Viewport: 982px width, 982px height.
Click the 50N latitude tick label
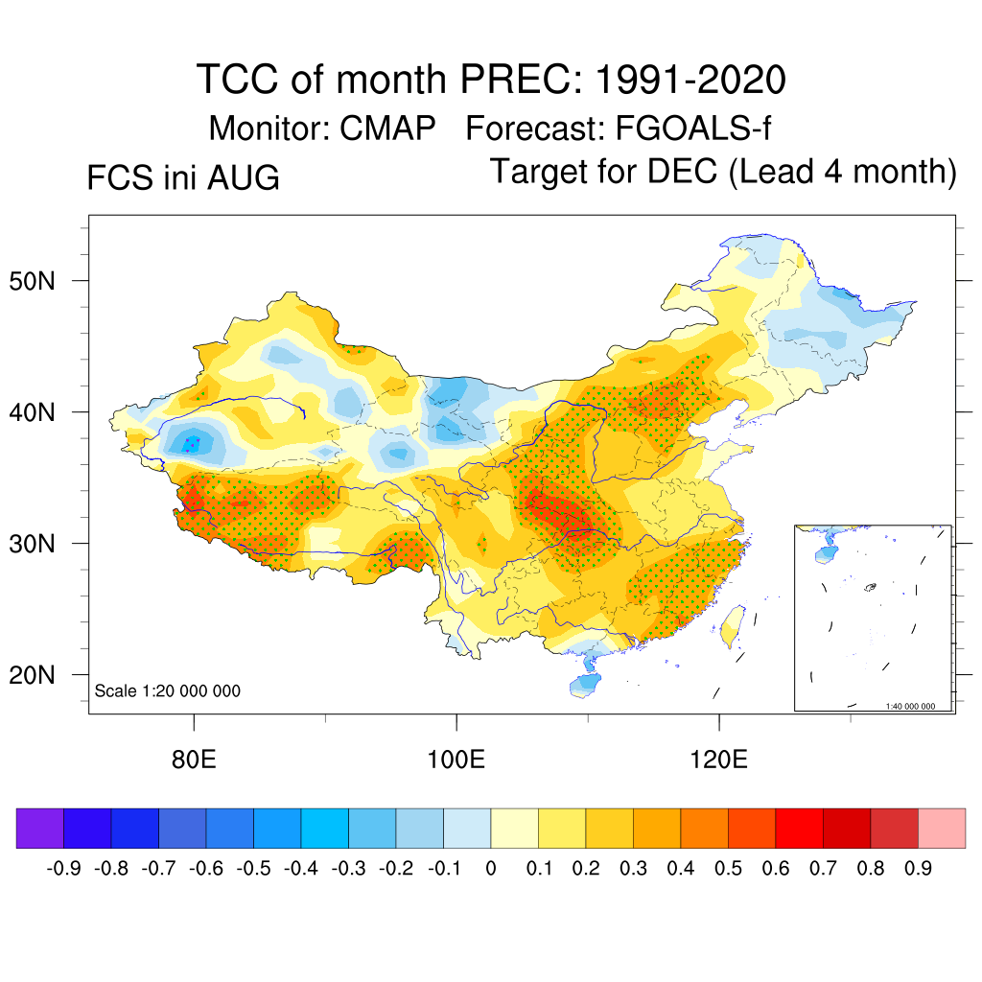click(33, 281)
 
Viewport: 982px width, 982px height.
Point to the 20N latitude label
click(33, 675)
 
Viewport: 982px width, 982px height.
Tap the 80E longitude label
click(194, 760)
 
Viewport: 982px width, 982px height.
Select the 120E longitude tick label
click(719, 760)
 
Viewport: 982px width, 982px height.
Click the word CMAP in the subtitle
click(387, 129)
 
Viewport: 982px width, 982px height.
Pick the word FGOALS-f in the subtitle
click(693, 129)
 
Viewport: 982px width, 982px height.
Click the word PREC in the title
click(516, 80)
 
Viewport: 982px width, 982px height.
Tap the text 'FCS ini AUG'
click(183, 177)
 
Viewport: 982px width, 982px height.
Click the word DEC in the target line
click(682, 171)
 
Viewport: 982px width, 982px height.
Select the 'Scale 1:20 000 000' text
click(167, 690)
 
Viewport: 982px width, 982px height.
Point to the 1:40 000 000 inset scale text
click(910, 706)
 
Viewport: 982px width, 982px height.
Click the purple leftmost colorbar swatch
click(40, 828)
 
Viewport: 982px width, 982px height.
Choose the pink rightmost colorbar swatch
click(942, 828)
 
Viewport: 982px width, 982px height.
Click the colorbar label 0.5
click(728, 868)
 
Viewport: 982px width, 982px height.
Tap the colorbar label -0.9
click(64, 868)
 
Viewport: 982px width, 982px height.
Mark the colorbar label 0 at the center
click(491, 868)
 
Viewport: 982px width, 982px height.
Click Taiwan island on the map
click(733, 626)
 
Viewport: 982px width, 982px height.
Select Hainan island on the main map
click(584, 685)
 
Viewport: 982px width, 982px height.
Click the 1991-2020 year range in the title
click(690, 80)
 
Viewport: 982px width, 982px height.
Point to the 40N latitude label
click(33, 412)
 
